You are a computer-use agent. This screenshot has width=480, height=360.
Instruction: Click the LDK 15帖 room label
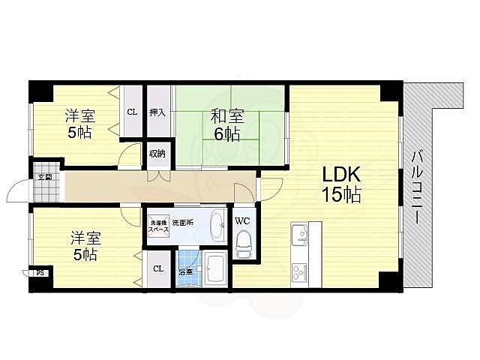(342, 184)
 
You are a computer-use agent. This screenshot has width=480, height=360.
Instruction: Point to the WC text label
(242, 221)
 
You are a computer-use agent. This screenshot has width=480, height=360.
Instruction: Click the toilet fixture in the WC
(243, 242)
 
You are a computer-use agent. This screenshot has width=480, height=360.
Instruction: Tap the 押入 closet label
(157, 112)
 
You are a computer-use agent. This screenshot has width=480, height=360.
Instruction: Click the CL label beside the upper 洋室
(132, 112)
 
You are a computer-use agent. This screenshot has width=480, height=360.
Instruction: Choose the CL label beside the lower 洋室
(157, 268)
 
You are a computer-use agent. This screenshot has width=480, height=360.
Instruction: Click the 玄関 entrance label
(45, 177)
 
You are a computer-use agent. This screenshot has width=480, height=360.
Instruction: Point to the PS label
(40, 273)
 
